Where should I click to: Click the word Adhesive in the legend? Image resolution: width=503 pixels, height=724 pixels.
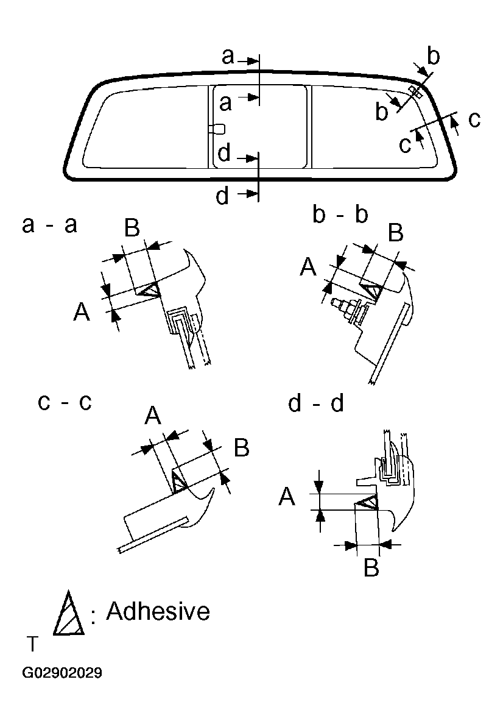[158, 611]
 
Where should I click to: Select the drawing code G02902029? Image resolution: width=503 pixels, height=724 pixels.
[62, 673]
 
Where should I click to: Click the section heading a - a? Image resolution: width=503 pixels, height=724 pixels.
[49, 225]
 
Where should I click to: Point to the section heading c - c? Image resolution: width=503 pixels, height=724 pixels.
[65, 402]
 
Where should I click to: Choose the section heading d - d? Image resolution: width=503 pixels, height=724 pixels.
[316, 403]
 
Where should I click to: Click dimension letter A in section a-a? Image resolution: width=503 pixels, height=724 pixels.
[82, 313]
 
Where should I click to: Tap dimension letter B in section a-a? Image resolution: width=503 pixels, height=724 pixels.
[132, 229]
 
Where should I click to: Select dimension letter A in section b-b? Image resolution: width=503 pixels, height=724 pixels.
[309, 266]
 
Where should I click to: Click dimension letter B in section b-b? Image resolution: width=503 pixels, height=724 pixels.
[396, 232]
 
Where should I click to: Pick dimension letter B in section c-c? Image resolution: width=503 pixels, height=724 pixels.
[242, 448]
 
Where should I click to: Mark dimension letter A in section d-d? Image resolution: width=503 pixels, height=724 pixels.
[287, 498]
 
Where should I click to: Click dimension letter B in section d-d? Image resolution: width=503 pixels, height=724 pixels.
[371, 567]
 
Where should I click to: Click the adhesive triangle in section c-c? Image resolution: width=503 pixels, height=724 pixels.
[178, 481]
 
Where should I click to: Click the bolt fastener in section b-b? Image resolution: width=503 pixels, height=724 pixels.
[345, 307]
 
